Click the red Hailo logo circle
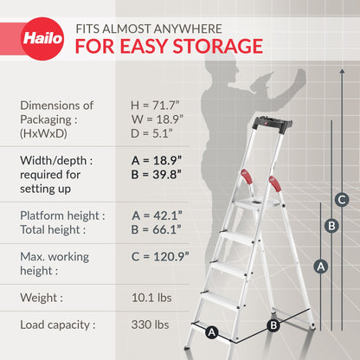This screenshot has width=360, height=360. (42, 41)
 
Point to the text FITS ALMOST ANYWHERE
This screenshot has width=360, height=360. (149, 28)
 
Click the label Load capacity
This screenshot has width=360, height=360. (57, 326)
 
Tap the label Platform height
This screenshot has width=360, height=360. (62, 215)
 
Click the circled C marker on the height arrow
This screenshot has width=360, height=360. (342, 200)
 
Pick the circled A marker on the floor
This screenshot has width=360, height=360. (210, 331)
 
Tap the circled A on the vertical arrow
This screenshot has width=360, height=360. (320, 267)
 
